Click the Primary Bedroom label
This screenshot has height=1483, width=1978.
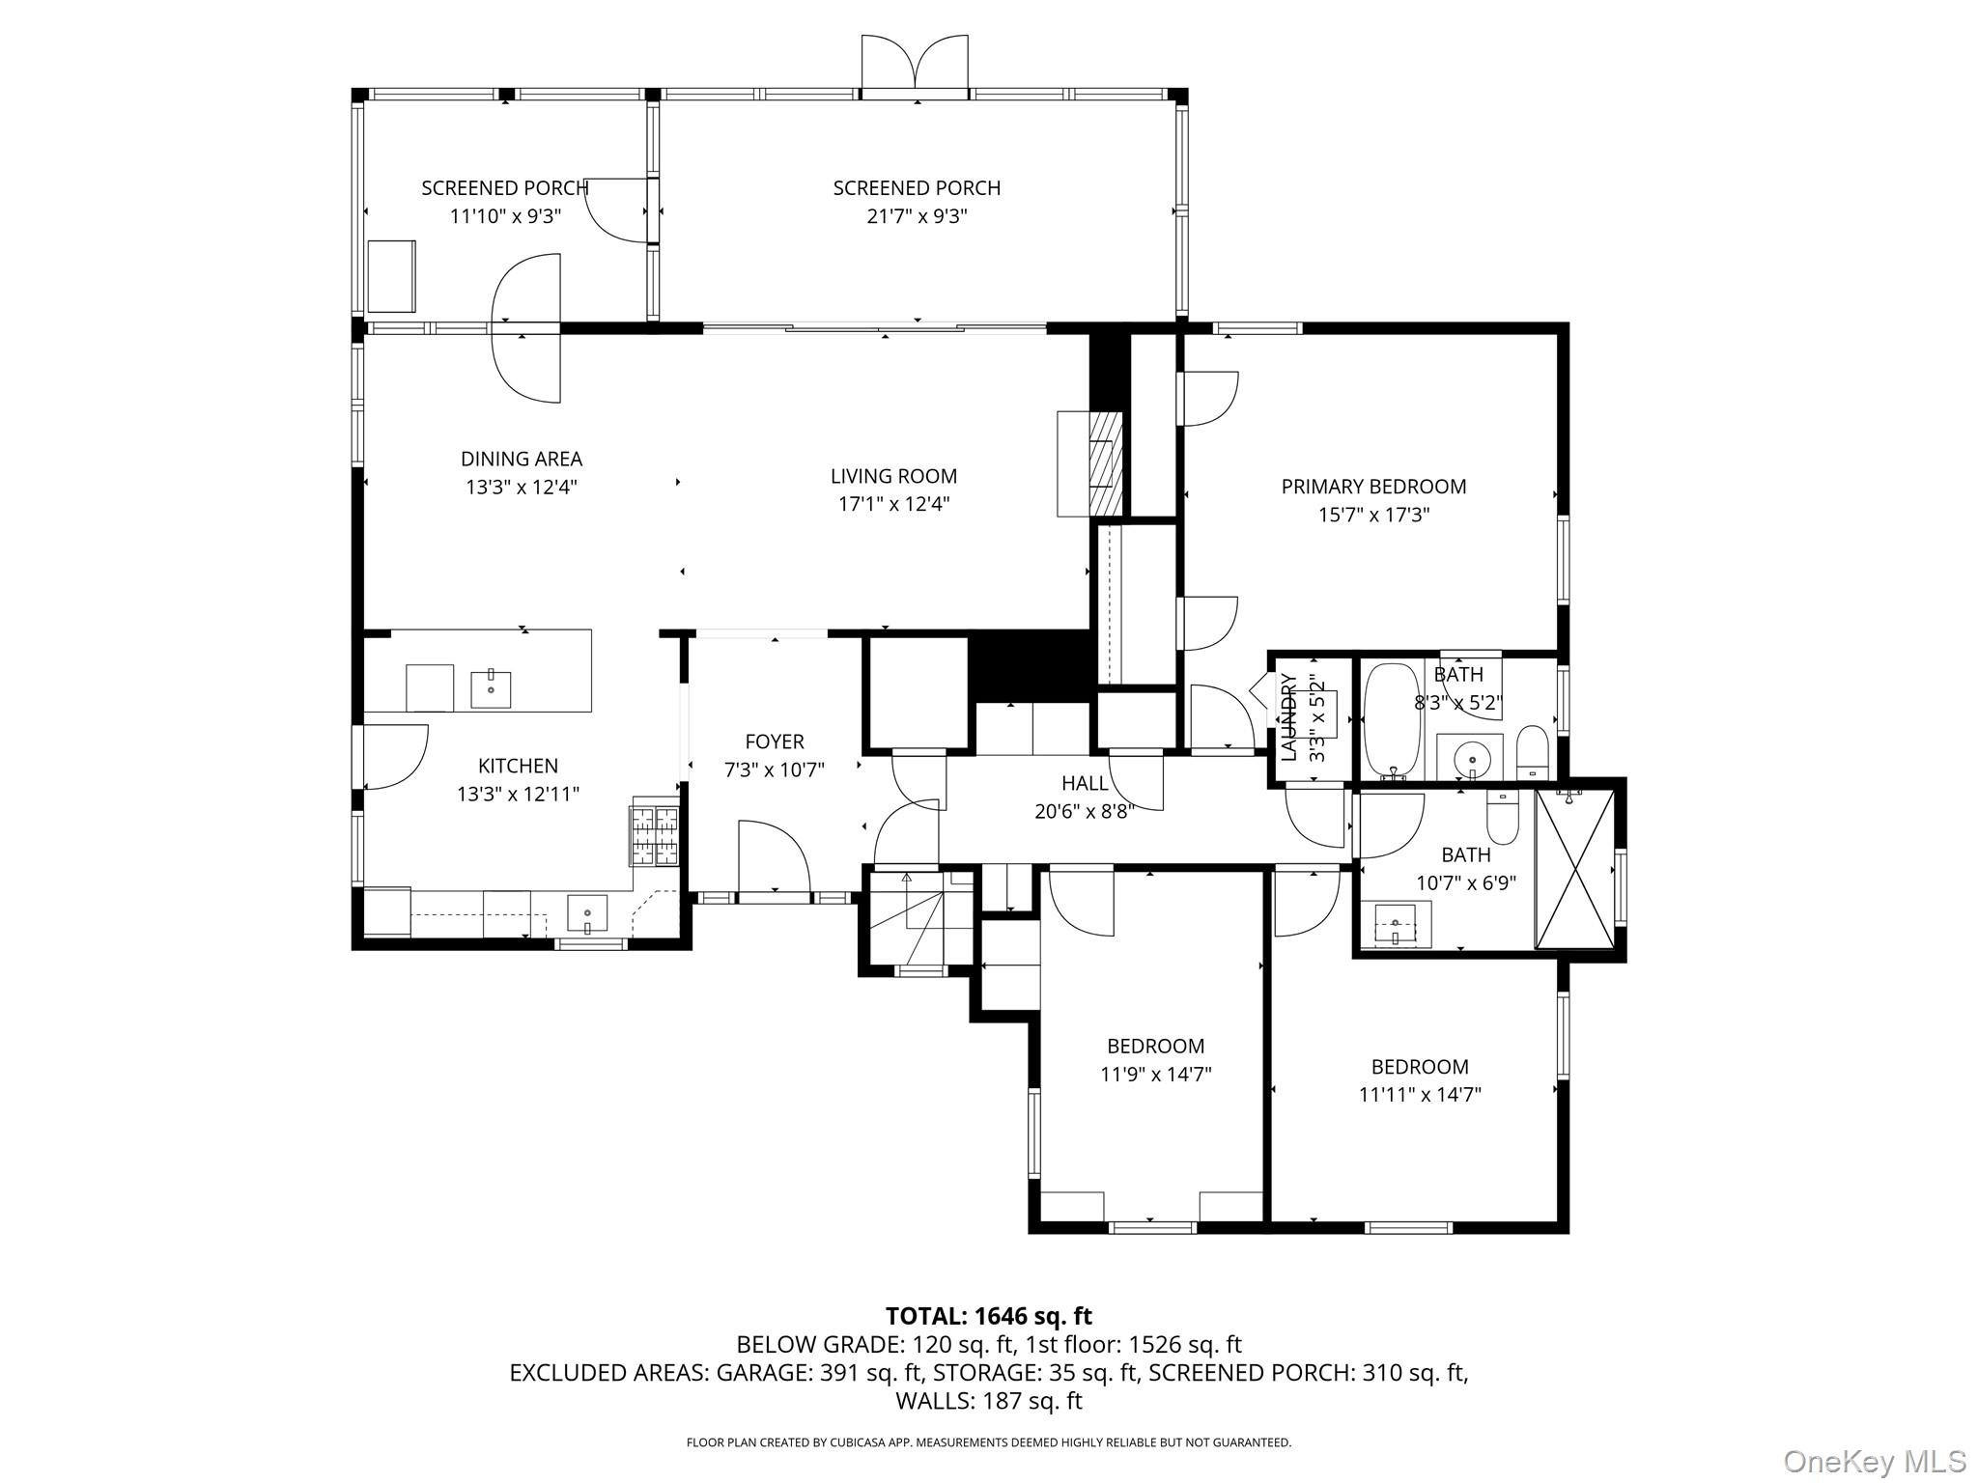coord(1373,487)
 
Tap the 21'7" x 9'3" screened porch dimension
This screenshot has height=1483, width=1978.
coord(916,216)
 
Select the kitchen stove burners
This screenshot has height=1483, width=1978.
coord(655,834)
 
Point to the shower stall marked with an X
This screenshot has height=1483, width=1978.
coord(1574,869)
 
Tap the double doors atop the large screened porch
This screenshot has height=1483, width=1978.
coord(915,64)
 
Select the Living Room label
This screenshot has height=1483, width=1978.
coord(893,476)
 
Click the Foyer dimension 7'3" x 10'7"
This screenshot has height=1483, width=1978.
coord(774,770)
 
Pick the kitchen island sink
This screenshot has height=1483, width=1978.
coord(491,688)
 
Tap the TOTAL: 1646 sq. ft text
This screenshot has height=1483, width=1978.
coord(988,1316)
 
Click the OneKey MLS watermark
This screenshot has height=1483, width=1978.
coord(1874,1461)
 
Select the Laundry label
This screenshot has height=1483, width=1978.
coord(1289,716)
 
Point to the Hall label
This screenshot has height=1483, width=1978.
coord(1085,783)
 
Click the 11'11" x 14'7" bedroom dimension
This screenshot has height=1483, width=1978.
coord(1419,1095)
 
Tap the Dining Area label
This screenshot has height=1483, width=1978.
coord(522,459)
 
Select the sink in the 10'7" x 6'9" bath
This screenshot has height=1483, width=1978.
coord(1396,925)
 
